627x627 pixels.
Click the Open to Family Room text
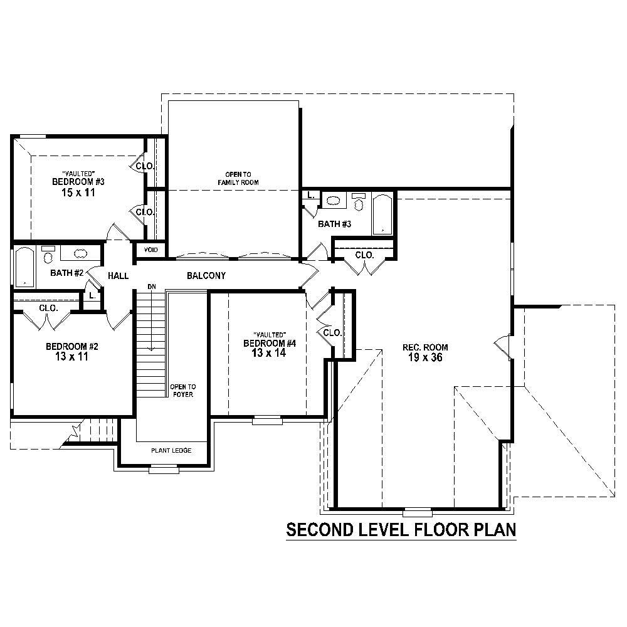tap(238, 178)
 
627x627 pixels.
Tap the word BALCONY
tap(206, 276)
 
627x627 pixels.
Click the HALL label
tap(118, 276)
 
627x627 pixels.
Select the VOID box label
tap(151, 250)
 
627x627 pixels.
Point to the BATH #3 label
tap(334, 224)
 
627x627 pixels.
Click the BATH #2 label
tap(67, 273)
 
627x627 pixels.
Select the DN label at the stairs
tap(151, 287)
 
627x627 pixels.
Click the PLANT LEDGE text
tap(171, 451)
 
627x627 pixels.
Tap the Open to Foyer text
tap(183, 391)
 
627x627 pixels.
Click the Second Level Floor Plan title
tap(401, 530)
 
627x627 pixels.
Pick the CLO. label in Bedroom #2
tap(49, 308)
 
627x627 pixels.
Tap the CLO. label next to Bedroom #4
tap(332, 332)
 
